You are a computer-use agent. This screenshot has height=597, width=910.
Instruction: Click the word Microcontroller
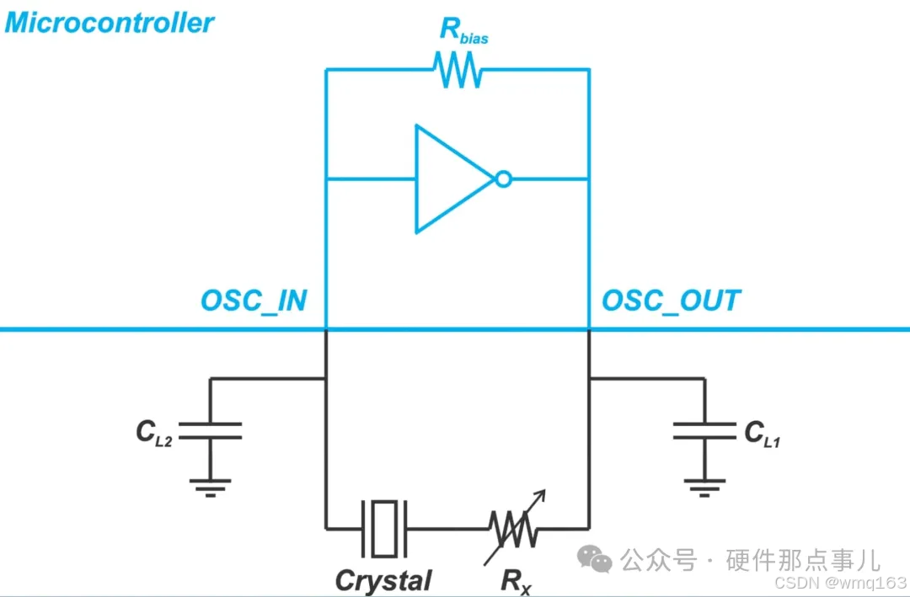110,23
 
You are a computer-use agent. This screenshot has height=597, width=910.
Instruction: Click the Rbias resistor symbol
458,70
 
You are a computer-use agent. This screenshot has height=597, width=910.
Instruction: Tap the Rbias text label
462,31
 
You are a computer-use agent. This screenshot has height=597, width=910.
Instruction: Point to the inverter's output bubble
503,179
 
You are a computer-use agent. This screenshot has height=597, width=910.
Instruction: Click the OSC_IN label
254,301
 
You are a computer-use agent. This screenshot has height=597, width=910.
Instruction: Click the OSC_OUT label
671,301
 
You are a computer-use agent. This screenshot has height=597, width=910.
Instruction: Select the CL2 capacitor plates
210,430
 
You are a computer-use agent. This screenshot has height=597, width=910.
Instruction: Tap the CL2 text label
154,433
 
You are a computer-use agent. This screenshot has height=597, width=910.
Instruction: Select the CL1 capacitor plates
704,430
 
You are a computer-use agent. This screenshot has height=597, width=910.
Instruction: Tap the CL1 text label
762,433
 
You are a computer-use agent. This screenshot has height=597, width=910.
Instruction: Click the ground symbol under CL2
210,484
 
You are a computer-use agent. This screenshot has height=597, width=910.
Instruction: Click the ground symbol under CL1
704,484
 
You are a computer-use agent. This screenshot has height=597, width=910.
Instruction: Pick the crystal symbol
384,528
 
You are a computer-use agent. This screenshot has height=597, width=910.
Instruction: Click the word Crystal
383,580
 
